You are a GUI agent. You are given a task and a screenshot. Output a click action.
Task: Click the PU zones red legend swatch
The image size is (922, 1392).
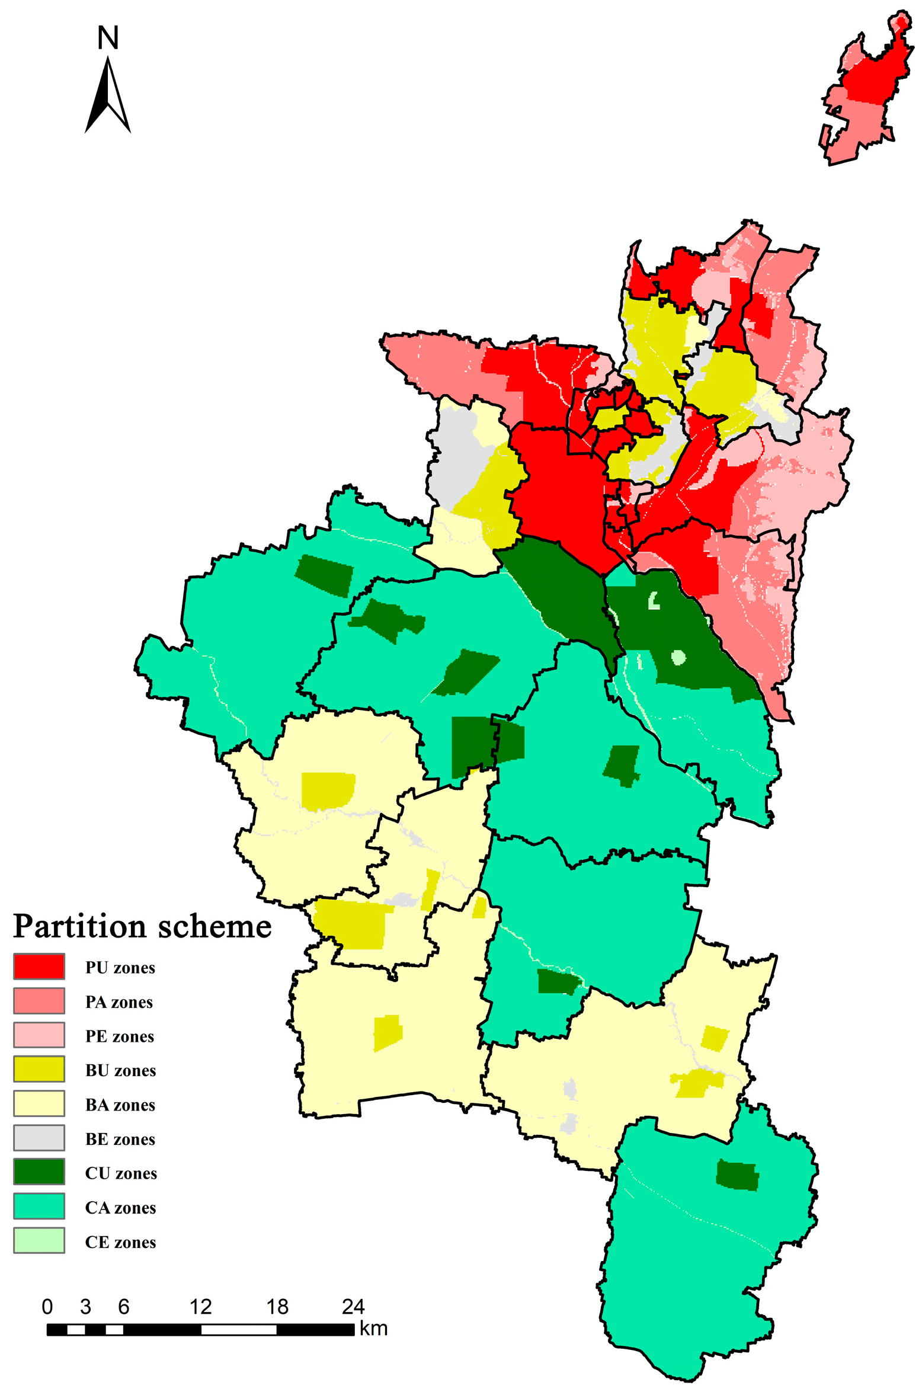click(39, 967)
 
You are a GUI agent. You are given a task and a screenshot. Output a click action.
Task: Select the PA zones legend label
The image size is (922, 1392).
click(119, 1002)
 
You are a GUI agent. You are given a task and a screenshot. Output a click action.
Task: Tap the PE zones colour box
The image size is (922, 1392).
click(39, 1035)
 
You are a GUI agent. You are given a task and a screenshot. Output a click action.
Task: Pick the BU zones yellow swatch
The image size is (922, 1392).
click(39, 1070)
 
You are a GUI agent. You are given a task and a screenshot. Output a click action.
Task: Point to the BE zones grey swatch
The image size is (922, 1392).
click(39, 1138)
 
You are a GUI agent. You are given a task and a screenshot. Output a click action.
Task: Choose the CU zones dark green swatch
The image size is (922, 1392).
click(39, 1172)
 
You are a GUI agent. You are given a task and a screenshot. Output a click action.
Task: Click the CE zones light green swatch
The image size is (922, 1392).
click(39, 1241)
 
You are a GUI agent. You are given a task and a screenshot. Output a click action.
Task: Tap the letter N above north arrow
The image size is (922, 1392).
click(108, 38)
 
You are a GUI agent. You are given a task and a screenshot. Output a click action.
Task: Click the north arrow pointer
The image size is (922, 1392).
click(108, 95)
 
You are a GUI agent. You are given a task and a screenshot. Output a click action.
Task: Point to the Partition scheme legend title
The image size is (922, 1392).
click(142, 927)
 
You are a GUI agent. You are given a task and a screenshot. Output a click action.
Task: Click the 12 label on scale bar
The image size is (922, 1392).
click(200, 1307)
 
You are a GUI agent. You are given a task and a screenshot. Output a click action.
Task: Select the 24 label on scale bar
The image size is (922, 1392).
click(353, 1307)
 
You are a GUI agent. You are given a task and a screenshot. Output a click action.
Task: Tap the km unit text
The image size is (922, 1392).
click(373, 1329)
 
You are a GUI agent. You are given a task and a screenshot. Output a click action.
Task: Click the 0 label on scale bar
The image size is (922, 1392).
click(47, 1307)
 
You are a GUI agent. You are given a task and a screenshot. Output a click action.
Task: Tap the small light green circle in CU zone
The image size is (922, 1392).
click(678, 657)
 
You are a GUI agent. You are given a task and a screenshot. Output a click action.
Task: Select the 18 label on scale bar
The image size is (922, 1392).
click(277, 1307)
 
